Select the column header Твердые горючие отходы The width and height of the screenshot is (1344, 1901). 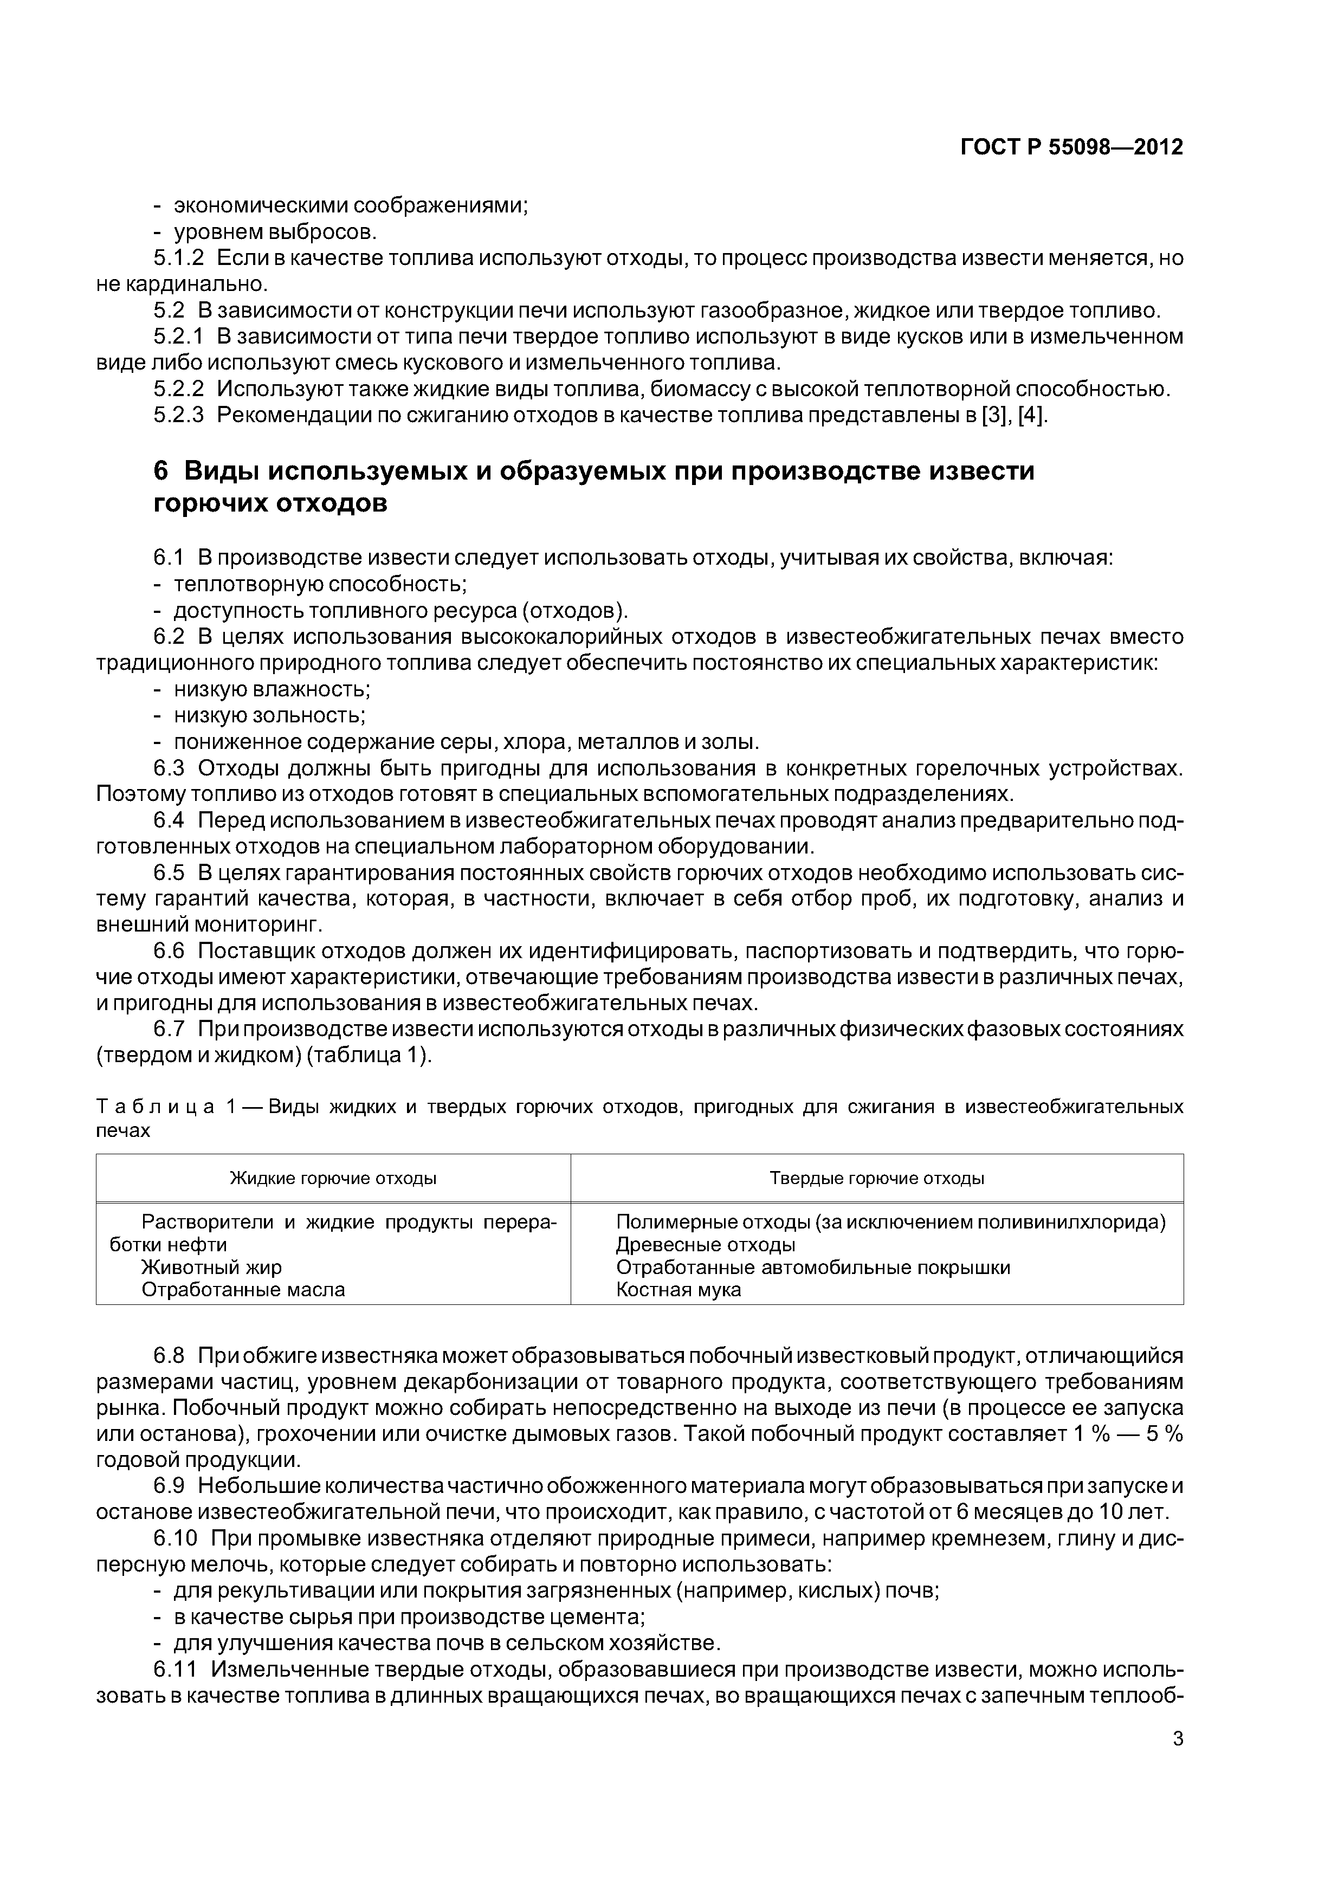pyautogui.click(x=877, y=1178)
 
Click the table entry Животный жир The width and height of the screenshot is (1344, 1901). pyautogui.click(x=211, y=1268)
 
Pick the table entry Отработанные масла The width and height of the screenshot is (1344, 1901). pyautogui.click(x=243, y=1290)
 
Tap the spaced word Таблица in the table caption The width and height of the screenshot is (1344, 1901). pyautogui.click(x=156, y=1107)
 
